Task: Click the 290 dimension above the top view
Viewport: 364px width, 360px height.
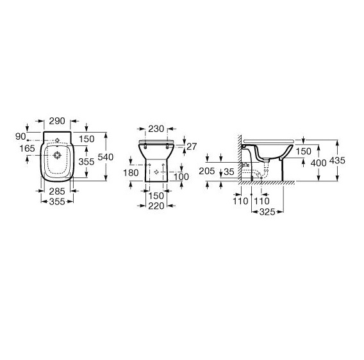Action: click(57, 121)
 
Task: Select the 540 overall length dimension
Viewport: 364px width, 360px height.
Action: click(105, 157)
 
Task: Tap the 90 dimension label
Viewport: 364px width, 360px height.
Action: click(21, 136)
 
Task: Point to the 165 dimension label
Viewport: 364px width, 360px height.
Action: click(27, 149)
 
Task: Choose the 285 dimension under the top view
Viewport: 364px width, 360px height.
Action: click(57, 192)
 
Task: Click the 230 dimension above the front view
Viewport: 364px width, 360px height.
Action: click(156, 129)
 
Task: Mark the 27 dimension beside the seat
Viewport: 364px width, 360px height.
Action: click(192, 147)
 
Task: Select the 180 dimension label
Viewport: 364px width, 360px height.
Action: click(131, 173)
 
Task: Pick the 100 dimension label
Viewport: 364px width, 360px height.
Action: click(181, 177)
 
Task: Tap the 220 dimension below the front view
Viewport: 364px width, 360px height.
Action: click(156, 206)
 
